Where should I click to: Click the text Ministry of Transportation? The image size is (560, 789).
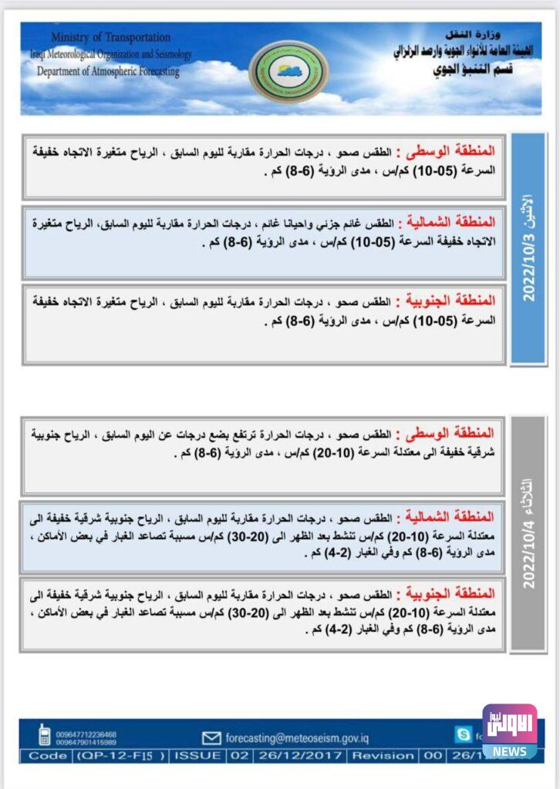110,37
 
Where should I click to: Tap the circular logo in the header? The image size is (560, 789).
288,71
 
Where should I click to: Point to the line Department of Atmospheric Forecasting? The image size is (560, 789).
108,72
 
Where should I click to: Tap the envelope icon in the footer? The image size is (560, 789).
211,737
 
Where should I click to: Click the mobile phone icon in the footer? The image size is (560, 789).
45,736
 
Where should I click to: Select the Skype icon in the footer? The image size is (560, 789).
463,735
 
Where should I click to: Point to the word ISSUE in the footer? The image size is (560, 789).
199,756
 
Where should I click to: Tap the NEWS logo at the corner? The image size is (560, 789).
510,730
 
